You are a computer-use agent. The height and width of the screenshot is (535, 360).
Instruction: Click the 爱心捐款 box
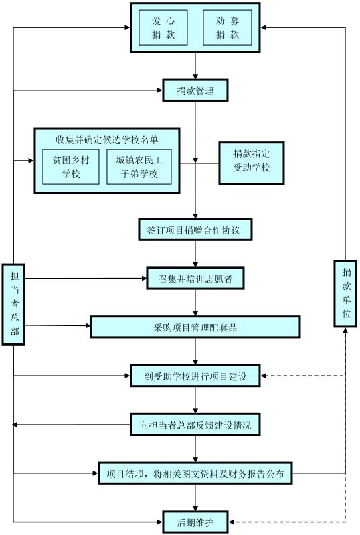[x=163, y=27]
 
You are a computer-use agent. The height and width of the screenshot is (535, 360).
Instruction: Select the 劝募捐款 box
[x=228, y=27]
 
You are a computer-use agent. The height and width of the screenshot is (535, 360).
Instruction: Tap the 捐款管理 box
[x=195, y=90]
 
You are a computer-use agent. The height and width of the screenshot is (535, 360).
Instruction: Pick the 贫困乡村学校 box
[x=71, y=167]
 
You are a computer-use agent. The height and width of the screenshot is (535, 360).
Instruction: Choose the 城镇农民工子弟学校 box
[x=139, y=167]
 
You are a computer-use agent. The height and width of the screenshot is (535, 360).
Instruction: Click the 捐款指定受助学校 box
[x=251, y=163]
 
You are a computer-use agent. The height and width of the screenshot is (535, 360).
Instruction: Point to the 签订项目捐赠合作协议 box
[x=195, y=230]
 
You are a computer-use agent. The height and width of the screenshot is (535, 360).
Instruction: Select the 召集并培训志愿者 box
[x=195, y=279]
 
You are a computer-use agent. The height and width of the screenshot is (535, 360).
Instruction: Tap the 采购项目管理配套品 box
[x=195, y=327]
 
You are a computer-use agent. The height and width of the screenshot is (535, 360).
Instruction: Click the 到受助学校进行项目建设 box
[x=195, y=376]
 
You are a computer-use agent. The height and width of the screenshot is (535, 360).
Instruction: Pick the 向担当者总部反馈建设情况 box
[x=195, y=425]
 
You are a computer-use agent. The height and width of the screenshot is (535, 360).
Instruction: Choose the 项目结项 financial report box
[x=195, y=473]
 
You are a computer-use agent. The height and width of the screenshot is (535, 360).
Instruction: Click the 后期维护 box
[x=195, y=522]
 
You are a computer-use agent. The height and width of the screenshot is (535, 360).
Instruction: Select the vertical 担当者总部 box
[x=13, y=305]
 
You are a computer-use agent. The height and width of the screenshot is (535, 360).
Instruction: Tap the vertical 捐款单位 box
[x=345, y=294]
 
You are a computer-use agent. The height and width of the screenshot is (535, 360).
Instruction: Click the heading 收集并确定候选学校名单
[x=106, y=139]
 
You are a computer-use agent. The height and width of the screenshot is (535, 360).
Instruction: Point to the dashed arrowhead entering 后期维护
[x=231, y=522]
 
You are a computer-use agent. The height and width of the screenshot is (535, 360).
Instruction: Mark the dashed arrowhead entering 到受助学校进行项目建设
[x=263, y=376]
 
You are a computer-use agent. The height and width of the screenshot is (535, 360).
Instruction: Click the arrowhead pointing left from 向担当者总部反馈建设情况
[x=15, y=425]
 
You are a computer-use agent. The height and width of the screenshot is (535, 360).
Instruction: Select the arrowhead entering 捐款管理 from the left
[x=159, y=90]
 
